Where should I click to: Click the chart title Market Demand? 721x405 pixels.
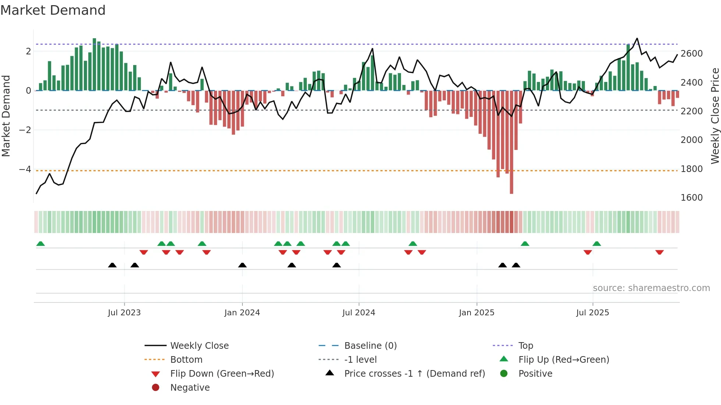(53, 10)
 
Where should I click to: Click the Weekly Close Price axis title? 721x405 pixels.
(715, 116)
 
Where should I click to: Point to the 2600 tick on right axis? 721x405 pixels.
(691, 54)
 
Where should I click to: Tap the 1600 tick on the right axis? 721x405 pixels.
(691, 198)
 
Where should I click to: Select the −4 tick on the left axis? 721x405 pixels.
(25, 169)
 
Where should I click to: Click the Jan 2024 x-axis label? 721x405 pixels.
(242, 313)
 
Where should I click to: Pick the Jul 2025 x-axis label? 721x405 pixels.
(592, 313)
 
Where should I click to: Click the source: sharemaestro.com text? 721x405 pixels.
(651, 288)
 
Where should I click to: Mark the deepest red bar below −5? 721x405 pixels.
(511, 184)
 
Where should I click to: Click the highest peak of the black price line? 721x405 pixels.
(637, 39)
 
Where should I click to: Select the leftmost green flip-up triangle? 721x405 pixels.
(40, 244)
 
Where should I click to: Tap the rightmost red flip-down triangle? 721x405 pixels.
(659, 252)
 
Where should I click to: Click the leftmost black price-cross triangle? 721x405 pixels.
(112, 265)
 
